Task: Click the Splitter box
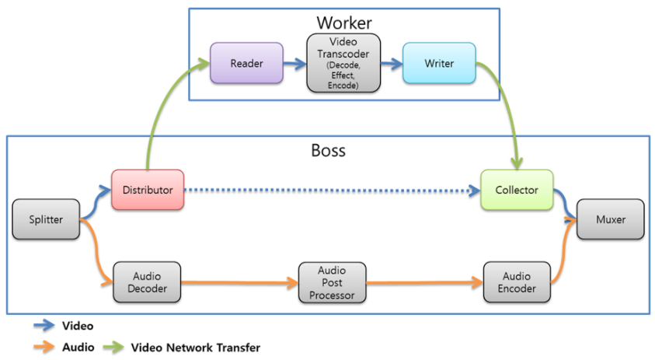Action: pos(47,219)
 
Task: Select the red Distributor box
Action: pos(148,190)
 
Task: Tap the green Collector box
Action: pos(516,190)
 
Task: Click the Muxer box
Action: pos(611,219)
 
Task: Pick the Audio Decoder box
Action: pos(147,281)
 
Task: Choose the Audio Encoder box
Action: pos(517,281)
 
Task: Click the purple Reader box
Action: pos(246,63)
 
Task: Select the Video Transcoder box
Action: pos(343,62)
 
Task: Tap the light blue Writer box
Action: pos(439,63)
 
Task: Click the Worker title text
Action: pos(343,22)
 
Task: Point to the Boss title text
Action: pos(328,150)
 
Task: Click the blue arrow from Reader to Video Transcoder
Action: pos(295,63)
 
